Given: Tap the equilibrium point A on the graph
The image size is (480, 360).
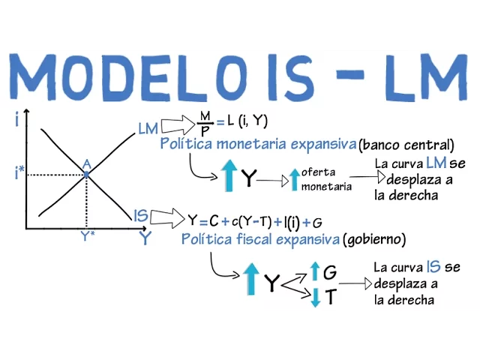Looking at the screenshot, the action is pyautogui.click(x=86, y=174).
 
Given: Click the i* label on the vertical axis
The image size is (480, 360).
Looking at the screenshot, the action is pyautogui.click(x=19, y=174).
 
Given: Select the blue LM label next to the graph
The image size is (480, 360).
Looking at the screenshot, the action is pyautogui.click(x=148, y=128).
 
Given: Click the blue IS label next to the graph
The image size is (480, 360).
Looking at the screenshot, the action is pyautogui.click(x=140, y=216).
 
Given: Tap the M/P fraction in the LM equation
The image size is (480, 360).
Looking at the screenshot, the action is pyautogui.click(x=204, y=122).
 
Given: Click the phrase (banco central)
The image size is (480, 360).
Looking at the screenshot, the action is pyautogui.click(x=406, y=144).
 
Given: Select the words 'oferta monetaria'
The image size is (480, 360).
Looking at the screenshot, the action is pyautogui.click(x=325, y=179).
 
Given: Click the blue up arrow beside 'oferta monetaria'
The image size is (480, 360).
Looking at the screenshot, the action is pyautogui.click(x=294, y=179).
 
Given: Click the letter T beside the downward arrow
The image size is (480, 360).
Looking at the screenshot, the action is pyautogui.click(x=330, y=297).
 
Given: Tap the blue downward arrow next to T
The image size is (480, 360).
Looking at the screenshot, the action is pyautogui.click(x=315, y=297).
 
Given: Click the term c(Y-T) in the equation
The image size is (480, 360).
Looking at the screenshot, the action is pyautogui.click(x=250, y=221).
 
